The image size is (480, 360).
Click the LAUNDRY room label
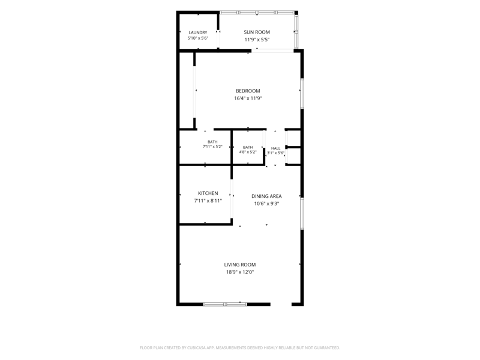198,32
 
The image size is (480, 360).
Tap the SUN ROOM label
257,32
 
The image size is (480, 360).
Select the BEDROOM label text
248,91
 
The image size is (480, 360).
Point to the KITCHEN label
208,193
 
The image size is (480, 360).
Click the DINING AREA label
266,196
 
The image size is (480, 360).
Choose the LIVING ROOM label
239,265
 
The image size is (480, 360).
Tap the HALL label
275,148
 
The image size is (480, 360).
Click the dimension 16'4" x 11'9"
248,98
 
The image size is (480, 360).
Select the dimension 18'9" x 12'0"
240,272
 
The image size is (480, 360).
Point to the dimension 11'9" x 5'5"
257,40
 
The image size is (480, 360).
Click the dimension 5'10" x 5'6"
198,38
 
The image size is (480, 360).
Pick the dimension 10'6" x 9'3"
266,203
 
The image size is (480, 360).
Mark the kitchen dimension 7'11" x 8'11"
208,201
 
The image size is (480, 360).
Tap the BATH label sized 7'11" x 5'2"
212,142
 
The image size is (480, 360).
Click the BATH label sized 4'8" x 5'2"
248,147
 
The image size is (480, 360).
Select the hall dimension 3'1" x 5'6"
275,153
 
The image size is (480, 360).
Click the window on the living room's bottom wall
225,304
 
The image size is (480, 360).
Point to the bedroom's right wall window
302,94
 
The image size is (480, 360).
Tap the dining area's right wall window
302,214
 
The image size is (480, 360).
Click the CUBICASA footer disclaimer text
240,348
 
